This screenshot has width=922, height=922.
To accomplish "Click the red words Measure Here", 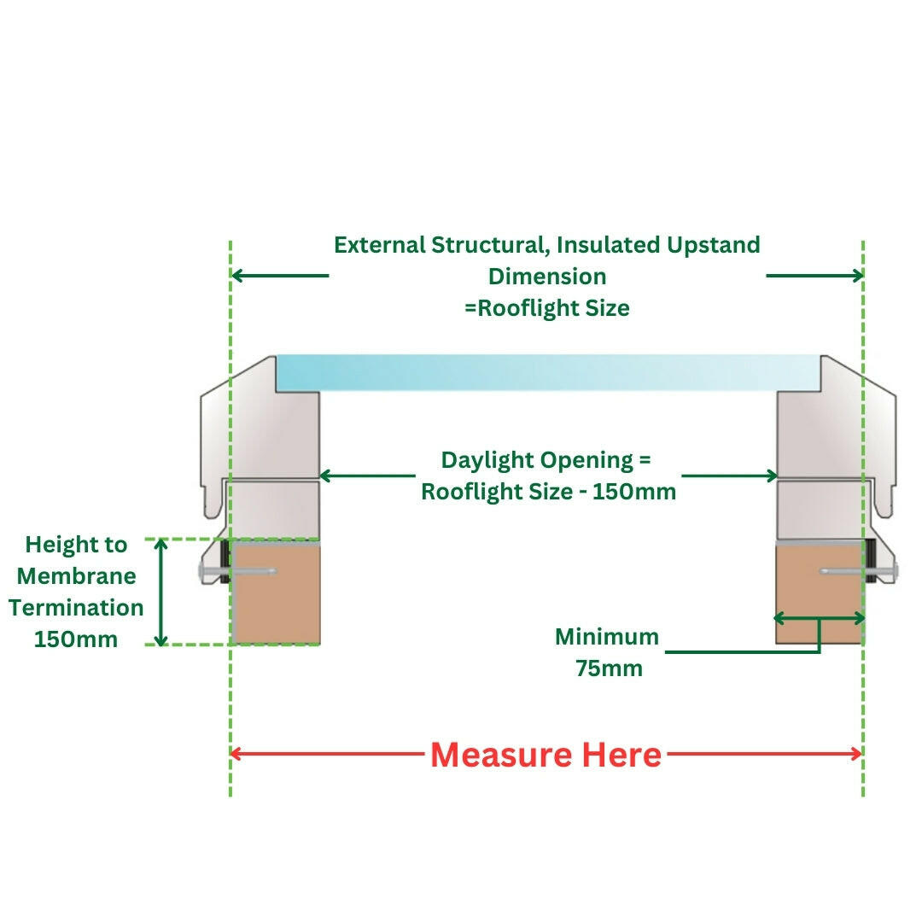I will [x=546, y=755].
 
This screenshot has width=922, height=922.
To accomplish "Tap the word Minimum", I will [x=607, y=637].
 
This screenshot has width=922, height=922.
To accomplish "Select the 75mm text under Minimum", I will [x=609, y=668].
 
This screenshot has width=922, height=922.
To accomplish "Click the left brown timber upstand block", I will [x=276, y=594].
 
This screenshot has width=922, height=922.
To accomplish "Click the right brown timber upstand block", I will [x=818, y=594].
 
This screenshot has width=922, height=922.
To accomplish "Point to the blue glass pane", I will [x=546, y=373].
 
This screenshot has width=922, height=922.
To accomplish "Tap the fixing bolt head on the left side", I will [x=208, y=571].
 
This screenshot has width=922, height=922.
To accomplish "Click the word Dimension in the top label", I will [x=547, y=277].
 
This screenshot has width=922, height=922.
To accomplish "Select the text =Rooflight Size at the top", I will [x=547, y=307].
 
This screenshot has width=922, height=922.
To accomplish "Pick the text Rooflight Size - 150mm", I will [x=548, y=492].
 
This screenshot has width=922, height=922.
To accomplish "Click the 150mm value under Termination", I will [x=76, y=639].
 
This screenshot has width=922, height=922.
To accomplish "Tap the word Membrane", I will [x=77, y=576].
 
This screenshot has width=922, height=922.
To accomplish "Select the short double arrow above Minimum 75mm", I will [x=819, y=618].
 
